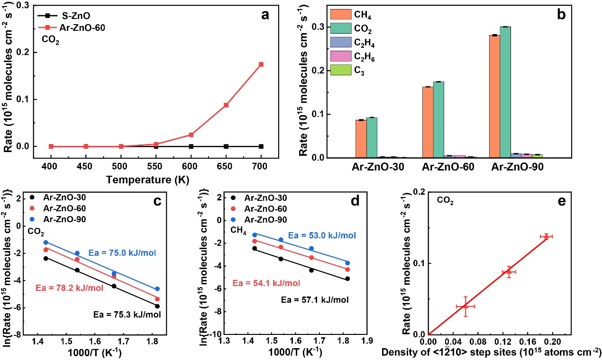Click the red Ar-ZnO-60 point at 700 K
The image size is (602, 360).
point(261,64)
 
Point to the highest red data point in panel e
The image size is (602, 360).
point(546,236)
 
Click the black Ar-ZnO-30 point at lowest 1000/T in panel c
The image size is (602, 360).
point(46,258)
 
